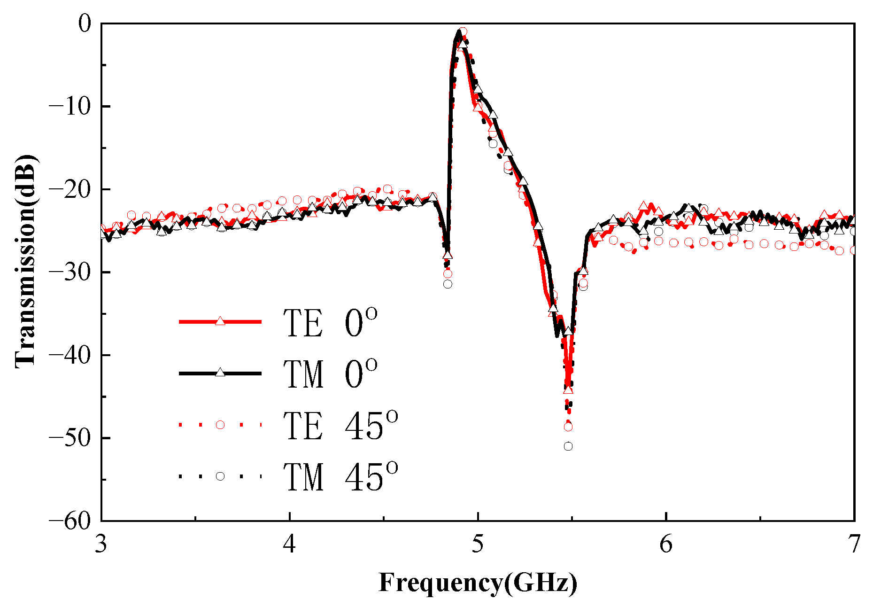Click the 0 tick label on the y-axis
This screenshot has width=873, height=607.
pyautogui.click(x=85, y=24)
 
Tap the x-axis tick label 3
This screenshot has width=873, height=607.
pyautogui.click(x=101, y=545)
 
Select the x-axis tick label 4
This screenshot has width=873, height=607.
pyautogui.click(x=290, y=545)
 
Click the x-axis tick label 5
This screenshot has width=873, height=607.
pyautogui.click(x=478, y=545)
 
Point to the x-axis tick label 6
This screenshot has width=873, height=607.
pyautogui.click(x=666, y=545)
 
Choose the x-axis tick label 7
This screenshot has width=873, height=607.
pyautogui.click(x=854, y=545)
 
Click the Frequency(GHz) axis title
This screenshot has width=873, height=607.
pyautogui.click(x=478, y=583)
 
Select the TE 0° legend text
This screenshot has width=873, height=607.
pyautogui.click(x=330, y=323)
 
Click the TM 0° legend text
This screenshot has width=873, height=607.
pyautogui.click(x=330, y=374)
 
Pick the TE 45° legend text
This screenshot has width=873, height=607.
pyautogui.click(x=340, y=425)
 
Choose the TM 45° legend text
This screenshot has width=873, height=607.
pyautogui.click(x=340, y=476)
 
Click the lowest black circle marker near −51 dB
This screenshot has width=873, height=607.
pyautogui.click(x=568, y=446)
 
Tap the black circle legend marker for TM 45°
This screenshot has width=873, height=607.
pyautogui.click(x=220, y=476)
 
